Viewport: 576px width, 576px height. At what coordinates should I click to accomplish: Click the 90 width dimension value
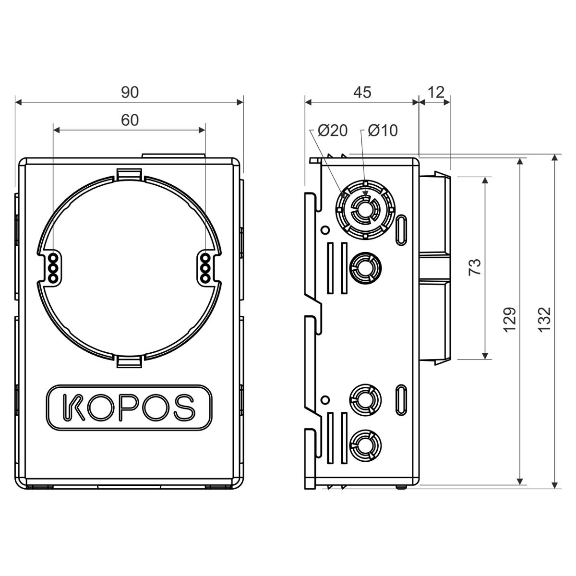coord(130,93)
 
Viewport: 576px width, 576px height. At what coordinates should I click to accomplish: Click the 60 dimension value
coord(130,120)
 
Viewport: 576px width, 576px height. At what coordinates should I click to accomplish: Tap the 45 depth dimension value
coord(362,92)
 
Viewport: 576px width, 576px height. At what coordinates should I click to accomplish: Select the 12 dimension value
coord(436,92)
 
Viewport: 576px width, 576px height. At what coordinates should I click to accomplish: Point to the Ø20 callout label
coord(333,131)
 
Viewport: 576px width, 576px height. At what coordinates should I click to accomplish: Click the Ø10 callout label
coord(383,131)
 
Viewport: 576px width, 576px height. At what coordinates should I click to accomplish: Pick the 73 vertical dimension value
coord(475,267)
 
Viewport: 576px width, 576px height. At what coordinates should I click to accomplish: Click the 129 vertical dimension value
coord(510,320)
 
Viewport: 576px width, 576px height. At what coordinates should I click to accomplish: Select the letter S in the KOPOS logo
coord(184,408)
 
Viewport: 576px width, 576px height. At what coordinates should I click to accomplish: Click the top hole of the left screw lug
coord(53,257)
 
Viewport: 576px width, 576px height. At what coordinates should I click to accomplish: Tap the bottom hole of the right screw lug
coord(205,278)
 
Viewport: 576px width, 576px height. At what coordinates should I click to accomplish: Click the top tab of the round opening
coord(129,175)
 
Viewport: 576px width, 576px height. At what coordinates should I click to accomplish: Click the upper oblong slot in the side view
coord(401,230)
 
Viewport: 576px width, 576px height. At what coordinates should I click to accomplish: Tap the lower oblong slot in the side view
coord(401,400)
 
